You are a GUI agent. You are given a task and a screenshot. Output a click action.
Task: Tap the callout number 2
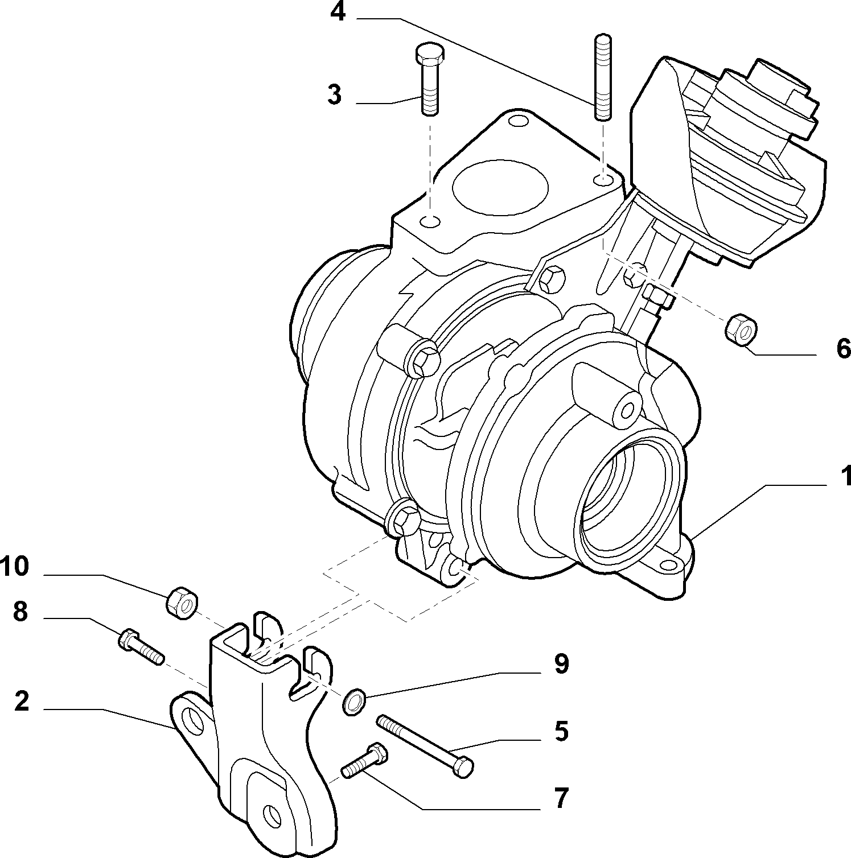(x=22, y=701)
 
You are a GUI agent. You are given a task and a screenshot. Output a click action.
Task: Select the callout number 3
(x=335, y=94)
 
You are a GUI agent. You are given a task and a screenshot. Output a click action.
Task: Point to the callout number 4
(x=338, y=11)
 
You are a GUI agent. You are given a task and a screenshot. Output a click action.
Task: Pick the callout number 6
(x=844, y=347)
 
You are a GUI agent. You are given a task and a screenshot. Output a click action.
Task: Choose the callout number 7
(x=562, y=798)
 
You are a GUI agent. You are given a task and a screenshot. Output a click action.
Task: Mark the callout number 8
(x=20, y=612)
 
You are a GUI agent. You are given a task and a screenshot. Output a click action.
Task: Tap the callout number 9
(x=561, y=663)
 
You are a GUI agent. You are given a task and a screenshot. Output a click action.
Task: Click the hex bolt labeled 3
(x=429, y=79)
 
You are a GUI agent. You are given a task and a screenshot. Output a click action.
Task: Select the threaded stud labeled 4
(x=603, y=78)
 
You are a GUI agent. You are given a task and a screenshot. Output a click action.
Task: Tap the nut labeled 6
(x=741, y=328)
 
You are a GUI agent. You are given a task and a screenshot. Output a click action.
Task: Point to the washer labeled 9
(x=354, y=702)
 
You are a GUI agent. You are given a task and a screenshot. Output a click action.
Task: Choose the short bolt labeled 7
(x=365, y=761)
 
